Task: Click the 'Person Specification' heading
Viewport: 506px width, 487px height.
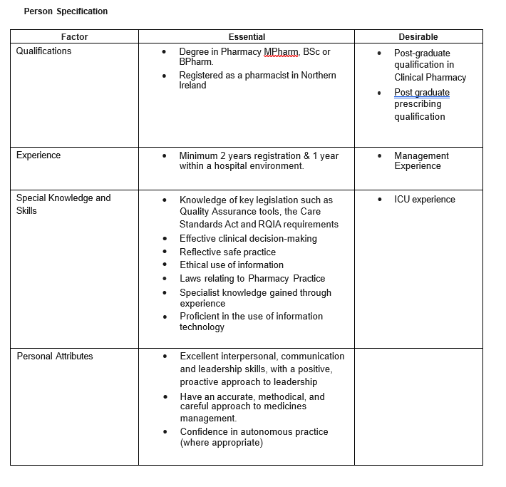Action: (66, 11)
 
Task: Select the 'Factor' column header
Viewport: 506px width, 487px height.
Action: (74, 36)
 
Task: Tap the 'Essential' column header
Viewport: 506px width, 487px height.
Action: (247, 36)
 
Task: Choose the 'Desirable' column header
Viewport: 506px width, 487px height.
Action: (418, 36)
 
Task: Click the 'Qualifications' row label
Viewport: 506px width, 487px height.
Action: (43, 51)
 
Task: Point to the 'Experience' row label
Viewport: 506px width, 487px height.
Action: (38, 155)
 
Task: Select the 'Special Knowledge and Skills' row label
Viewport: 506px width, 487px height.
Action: (63, 204)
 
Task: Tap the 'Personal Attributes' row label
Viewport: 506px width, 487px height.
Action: (55, 356)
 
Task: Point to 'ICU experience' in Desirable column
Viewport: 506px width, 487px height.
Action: (424, 200)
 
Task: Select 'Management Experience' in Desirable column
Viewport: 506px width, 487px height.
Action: (421, 161)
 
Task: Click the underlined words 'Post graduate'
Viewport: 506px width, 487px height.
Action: (422, 92)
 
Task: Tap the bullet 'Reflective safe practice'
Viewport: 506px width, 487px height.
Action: (227, 252)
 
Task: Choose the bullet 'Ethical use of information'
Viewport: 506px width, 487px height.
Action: (231, 265)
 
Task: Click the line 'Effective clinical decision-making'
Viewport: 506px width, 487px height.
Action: (248, 239)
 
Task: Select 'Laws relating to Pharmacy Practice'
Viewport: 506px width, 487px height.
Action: (252, 278)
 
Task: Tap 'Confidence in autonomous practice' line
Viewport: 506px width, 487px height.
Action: (254, 432)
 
